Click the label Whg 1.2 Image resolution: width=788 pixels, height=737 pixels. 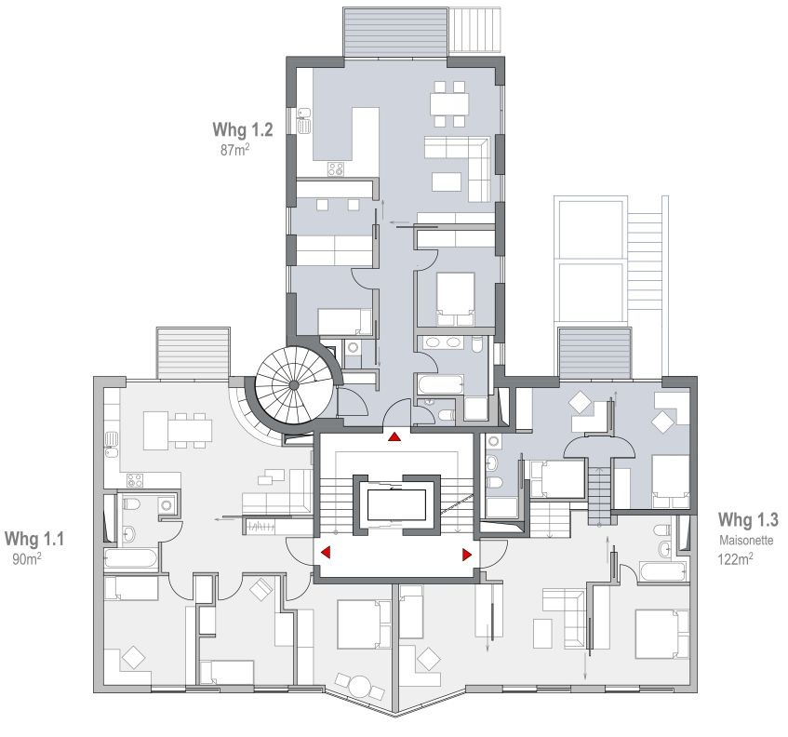(243, 129)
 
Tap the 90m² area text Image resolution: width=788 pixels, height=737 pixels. (27, 558)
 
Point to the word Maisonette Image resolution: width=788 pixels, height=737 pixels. (746, 541)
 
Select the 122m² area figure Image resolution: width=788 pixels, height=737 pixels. (735, 558)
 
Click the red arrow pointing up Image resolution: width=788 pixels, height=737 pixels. (394, 436)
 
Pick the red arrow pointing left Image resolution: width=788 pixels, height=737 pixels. (326, 553)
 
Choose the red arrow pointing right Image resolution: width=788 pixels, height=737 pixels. (467, 555)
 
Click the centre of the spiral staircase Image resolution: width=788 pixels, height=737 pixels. (293, 385)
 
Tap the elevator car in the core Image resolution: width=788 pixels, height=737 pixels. (397, 505)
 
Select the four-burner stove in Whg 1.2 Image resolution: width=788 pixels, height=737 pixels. (336, 169)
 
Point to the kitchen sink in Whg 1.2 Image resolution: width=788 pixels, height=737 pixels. (304, 121)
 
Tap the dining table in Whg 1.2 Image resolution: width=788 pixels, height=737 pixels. (449, 104)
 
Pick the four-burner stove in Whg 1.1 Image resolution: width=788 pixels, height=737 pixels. (135, 480)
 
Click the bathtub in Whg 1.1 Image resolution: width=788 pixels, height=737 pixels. (130, 559)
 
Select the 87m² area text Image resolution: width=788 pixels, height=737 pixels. (235, 150)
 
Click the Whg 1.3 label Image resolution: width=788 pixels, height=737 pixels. (748, 520)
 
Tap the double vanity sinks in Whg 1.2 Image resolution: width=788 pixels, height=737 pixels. (443, 342)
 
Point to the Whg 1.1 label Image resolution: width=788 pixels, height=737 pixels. (34, 539)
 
